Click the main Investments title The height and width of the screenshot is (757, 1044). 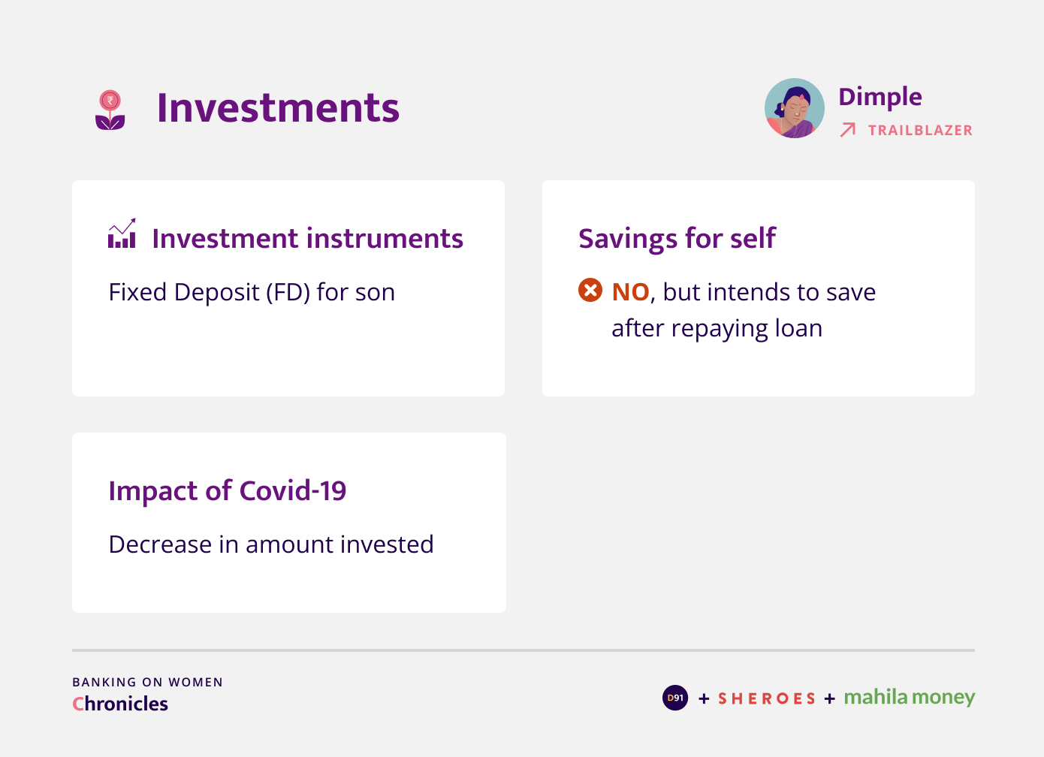pos(278,108)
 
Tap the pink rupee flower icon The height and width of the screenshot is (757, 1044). pos(110,110)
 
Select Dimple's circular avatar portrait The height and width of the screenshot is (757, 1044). pos(794,108)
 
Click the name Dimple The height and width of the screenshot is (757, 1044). pos(880,98)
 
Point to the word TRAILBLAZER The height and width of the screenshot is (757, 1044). pos(921,130)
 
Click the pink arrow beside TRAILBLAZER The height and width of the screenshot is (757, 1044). pos(848,130)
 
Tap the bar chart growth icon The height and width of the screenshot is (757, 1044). pos(122,233)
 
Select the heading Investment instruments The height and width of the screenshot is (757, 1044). pos(308,239)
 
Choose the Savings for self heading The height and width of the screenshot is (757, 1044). pos(677,239)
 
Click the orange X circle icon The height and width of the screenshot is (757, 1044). pos(590,290)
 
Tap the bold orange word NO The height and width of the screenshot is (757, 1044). pos(631,292)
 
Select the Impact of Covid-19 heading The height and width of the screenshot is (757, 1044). pos(228,491)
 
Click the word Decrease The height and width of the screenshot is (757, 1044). pos(160,544)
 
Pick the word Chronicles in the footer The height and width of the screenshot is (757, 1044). pos(119,704)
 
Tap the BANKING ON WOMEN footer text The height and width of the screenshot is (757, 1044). pos(148,683)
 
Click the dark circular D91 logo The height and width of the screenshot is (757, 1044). pos(675,698)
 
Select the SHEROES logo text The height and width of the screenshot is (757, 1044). pos(767,698)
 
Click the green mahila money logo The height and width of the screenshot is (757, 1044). pos(910,698)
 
